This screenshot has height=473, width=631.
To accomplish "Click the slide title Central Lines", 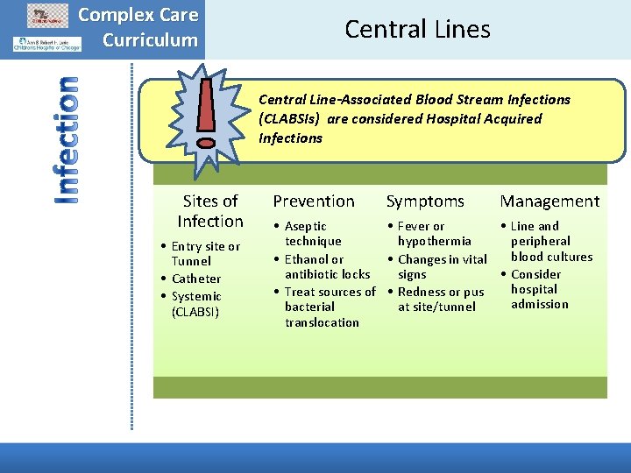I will pyautogui.click(x=417, y=29).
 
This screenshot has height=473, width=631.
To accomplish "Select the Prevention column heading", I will pyautogui.click(x=314, y=201).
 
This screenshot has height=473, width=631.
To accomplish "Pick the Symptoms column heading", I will pyautogui.click(x=425, y=201).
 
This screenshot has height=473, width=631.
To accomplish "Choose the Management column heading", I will pyautogui.click(x=549, y=201).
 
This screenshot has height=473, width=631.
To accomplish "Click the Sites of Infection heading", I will pyautogui.click(x=210, y=211).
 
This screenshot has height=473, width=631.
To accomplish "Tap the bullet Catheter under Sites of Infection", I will pyautogui.click(x=196, y=279).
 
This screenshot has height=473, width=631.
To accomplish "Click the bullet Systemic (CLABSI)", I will pyautogui.click(x=196, y=304).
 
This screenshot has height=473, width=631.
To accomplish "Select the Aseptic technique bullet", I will pyautogui.click(x=312, y=233).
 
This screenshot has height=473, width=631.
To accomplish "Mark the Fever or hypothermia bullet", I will pyautogui.click(x=433, y=233).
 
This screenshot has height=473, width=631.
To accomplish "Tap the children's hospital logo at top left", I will pyautogui.click(x=46, y=43).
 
